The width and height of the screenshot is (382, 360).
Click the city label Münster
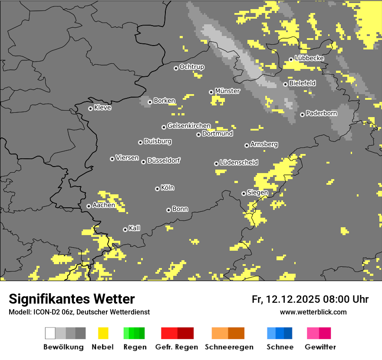click(x=227, y=91)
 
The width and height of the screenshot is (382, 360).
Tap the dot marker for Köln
click(x=157, y=189)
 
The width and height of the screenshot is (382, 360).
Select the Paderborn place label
click(x=321, y=114)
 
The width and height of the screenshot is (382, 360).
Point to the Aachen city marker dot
click(x=89, y=206)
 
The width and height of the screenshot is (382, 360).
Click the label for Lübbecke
click(x=309, y=58)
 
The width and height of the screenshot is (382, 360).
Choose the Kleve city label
click(x=102, y=108)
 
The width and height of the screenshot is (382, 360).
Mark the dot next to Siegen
click(x=244, y=193)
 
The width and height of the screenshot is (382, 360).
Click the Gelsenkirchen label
click(x=189, y=126)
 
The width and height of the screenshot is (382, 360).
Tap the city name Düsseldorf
click(x=163, y=160)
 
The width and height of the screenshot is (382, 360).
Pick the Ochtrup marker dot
click(x=176, y=68)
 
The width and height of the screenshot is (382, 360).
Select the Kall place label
click(x=134, y=228)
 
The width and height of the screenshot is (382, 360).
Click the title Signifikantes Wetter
click(x=72, y=299)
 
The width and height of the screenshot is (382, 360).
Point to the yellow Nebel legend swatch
click(x=103, y=333)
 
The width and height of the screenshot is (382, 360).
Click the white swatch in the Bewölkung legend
click(x=50, y=333)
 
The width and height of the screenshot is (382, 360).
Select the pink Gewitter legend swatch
click(x=313, y=333)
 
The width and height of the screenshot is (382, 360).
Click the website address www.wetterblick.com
click(x=313, y=312)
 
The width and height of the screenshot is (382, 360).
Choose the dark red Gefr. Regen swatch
click(x=185, y=333)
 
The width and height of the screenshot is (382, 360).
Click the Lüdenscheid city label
click(x=239, y=163)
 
